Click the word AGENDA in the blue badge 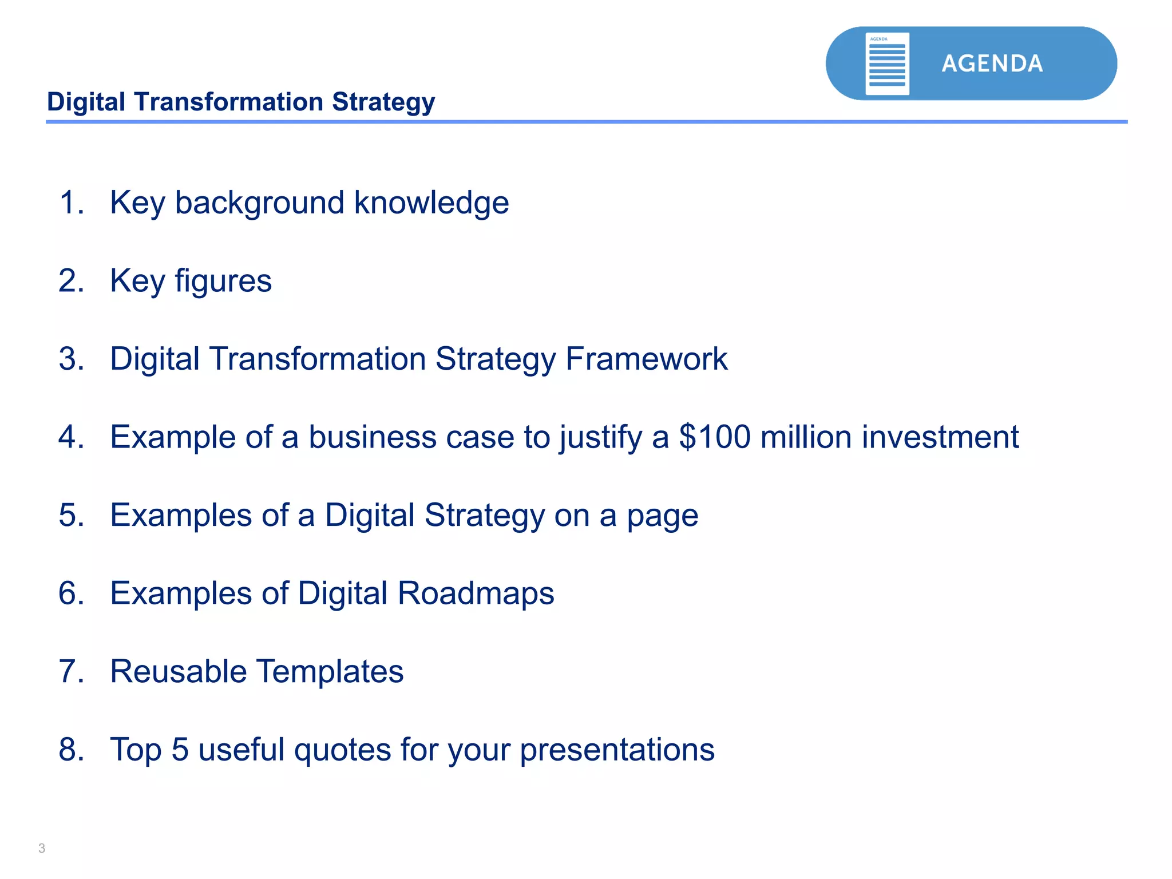tap(992, 64)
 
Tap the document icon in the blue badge tap(887, 64)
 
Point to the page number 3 tap(42, 848)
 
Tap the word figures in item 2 tap(223, 282)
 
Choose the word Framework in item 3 tap(646, 359)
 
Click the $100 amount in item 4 tap(714, 437)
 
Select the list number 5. tap(70, 515)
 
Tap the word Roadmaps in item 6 tap(475, 593)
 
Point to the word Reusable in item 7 tap(178, 671)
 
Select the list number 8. tap(70, 750)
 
